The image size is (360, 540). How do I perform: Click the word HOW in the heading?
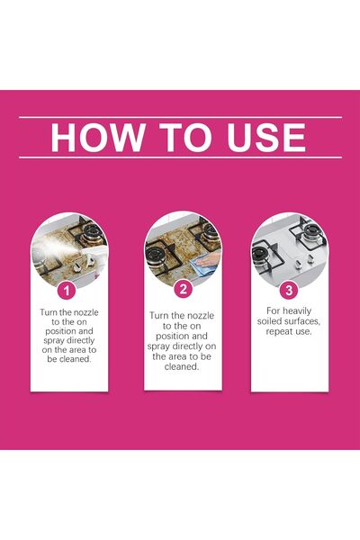(x=97, y=137)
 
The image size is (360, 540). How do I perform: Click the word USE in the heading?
(x=266, y=137)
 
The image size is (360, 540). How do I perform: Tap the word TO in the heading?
(x=185, y=137)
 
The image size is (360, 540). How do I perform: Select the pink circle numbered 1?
(x=66, y=292)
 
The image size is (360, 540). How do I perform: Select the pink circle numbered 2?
(x=183, y=289)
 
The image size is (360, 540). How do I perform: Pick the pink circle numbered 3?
(x=289, y=291)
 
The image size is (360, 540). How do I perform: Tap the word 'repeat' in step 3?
(x=278, y=332)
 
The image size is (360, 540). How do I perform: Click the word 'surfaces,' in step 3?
(x=303, y=321)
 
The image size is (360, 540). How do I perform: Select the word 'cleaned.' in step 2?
(x=182, y=367)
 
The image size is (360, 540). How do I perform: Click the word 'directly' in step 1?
(x=80, y=340)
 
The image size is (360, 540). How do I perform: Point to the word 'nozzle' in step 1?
(x=84, y=312)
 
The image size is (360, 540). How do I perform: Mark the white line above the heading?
(x=180, y=117)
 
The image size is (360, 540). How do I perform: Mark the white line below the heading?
(x=180, y=157)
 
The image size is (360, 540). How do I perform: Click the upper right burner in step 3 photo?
(x=311, y=233)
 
